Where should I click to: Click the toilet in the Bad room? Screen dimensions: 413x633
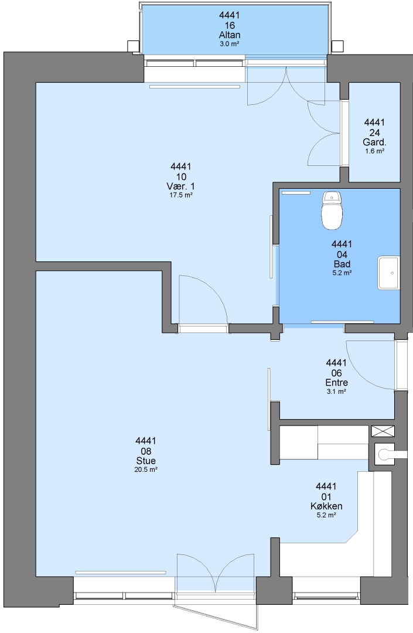pyautogui.click(x=332, y=210)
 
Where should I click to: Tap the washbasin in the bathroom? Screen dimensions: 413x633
pyautogui.click(x=388, y=273)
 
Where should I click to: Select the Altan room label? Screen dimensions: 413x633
pyautogui.click(x=230, y=35)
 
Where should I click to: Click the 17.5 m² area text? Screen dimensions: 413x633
pyautogui.click(x=180, y=195)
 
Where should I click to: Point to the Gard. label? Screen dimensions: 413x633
pyautogui.click(x=374, y=142)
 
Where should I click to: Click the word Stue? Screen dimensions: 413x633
pyautogui.click(x=146, y=461)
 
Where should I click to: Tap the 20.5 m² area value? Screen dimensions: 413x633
pyautogui.click(x=146, y=469)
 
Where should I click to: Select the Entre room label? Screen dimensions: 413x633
pyautogui.click(x=336, y=382)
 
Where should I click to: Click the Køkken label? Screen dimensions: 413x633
pyautogui.click(x=326, y=506)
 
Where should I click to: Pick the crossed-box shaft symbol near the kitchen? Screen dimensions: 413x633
pyautogui.click(x=383, y=431)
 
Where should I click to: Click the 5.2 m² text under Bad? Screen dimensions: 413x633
pyautogui.click(x=342, y=273)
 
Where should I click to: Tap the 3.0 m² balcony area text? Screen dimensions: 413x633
pyautogui.click(x=230, y=43)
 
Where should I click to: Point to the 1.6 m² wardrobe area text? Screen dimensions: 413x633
pyautogui.click(x=374, y=151)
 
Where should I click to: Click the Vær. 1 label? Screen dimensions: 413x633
pyautogui.click(x=180, y=186)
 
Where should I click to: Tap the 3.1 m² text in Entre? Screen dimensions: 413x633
pyautogui.click(x=336, y=391)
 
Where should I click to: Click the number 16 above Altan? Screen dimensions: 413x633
pyautogui.click(x=230, y=25)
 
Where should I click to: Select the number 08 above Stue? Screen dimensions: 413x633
pyautogui.click(x=146, y=451)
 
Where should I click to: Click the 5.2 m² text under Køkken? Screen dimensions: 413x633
pyautogui.click(x=326, y=515)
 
